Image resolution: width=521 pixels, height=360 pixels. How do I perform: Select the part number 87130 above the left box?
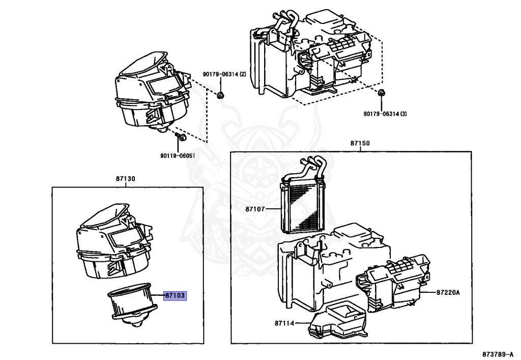(125, 179)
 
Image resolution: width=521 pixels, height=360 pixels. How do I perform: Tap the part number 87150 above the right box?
(360, 144)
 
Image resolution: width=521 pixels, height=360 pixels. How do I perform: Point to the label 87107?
(255, 209)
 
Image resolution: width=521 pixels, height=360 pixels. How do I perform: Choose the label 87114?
(285, 323)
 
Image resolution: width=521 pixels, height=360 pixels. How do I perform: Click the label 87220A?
(448, 292)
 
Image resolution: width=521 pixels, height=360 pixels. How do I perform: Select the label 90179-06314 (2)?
(224, 74)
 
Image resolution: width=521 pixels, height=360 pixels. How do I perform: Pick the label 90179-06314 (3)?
(385, 114)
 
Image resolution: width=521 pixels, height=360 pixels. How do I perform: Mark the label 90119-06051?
(178, 156)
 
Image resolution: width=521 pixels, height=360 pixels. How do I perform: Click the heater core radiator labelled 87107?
(304, 204)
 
